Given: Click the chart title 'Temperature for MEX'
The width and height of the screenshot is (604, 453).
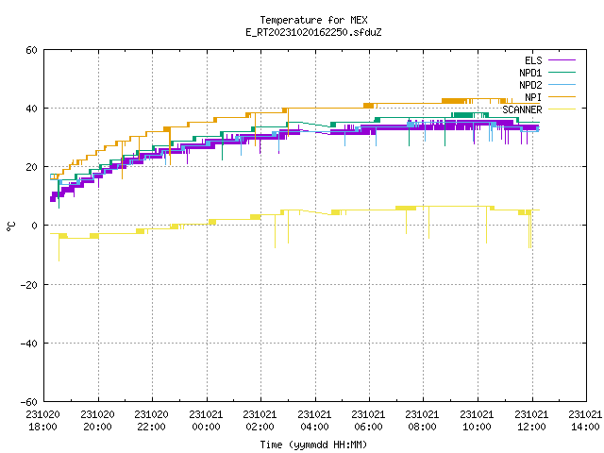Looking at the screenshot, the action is (x=313, y=20).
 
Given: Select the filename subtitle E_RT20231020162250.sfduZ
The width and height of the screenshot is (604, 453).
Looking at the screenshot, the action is (x=313, y=32).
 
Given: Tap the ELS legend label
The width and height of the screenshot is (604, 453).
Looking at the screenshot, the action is (x=533, y=60).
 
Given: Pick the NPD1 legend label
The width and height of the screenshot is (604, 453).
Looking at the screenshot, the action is (x=530, y=73).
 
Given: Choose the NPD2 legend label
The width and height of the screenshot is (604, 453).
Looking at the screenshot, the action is (x=530, y=85).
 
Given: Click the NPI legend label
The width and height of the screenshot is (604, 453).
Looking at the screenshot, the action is (x=533, y=97).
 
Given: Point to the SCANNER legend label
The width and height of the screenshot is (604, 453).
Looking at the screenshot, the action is (x=522, y=109).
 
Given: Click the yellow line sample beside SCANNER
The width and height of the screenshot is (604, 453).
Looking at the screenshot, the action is (x=562, y=109).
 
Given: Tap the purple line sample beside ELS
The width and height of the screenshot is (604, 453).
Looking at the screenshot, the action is (x=562, y=60).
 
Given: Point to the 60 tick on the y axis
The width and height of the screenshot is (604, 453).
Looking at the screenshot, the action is (x=31, y=50).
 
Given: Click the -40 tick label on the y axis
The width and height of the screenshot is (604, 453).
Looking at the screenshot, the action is (x=29, y=344).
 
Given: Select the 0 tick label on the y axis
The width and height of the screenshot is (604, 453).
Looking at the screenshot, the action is (x=35, y=226).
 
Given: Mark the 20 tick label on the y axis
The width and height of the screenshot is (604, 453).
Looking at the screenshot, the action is (x=31, y=167).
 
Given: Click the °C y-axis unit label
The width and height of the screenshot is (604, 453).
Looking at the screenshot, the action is (x=10, y=226).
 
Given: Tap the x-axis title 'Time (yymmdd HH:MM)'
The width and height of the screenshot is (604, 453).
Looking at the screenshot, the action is (x=313, y=445).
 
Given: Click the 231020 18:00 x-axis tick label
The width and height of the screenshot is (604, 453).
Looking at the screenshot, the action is (x=43, y=421).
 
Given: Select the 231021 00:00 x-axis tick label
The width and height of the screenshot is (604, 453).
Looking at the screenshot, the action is (x=206, y=421).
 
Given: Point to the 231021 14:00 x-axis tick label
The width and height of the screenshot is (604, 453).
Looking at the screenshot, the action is (x=585, y=421).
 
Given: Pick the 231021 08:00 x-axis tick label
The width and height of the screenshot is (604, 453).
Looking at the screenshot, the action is (x=423, y=421).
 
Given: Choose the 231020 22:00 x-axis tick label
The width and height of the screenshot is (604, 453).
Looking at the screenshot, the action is (x=151, y=421).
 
